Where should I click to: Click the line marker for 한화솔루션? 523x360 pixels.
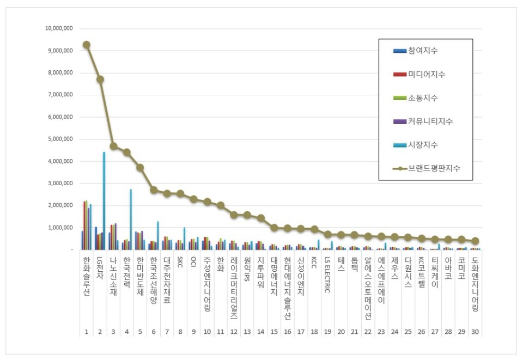[87, 45]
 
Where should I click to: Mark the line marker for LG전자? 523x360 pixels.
[100, 79]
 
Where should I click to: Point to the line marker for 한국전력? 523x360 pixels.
[127, 152]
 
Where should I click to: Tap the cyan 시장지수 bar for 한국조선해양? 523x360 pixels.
[157, 235]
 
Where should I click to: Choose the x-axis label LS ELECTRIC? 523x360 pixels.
[327, 276]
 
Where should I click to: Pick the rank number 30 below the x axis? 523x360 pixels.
[475, 332]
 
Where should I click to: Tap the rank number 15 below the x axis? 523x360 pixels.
[274, 332]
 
